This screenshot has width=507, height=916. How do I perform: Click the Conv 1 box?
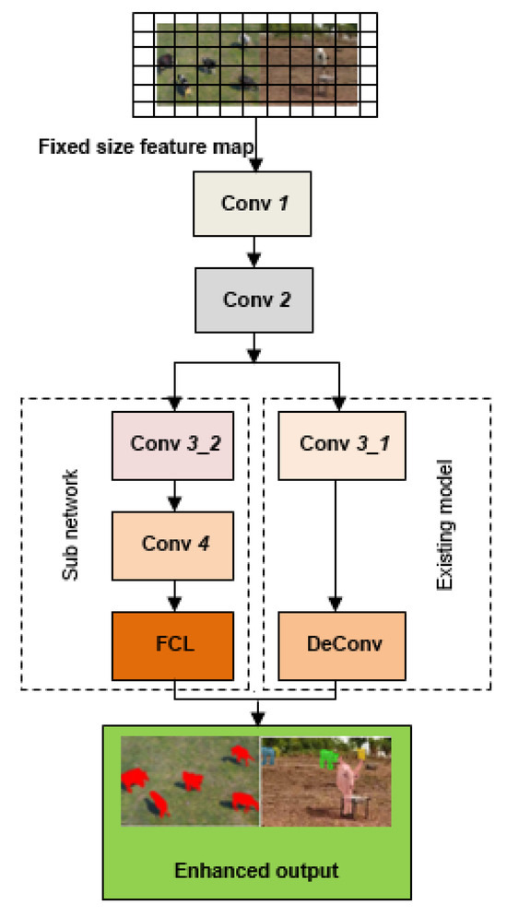254,202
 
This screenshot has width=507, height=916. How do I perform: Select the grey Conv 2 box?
254,300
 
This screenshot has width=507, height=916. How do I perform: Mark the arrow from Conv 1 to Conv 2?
254,250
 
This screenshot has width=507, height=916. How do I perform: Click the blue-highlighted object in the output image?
268,757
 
